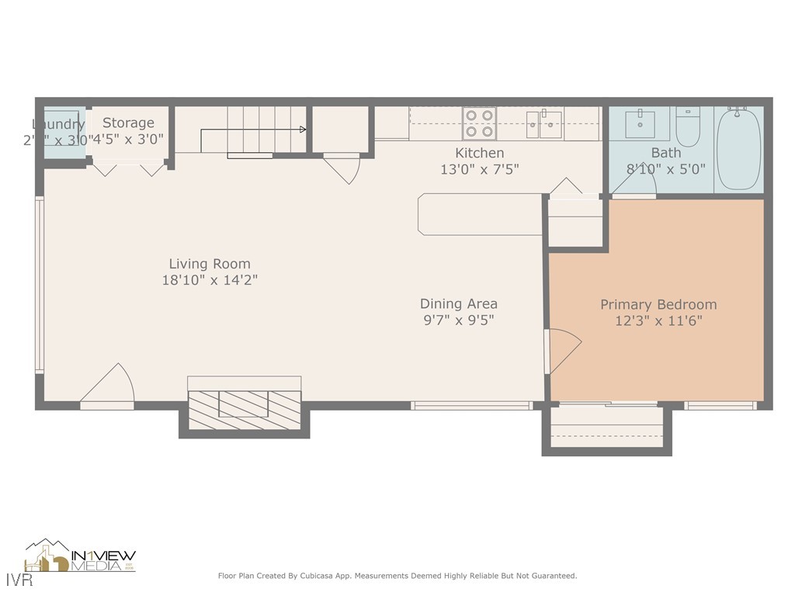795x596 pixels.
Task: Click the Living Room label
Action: pos(210,264)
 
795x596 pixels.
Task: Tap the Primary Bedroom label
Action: pos(658,305)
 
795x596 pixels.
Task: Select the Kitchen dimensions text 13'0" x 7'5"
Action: pos(479,168)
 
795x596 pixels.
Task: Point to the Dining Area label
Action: pos(459,303)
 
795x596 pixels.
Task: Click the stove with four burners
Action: pos(479,123)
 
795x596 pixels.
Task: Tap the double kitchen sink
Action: pos(544,123)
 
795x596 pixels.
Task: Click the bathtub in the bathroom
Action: pos(738,147)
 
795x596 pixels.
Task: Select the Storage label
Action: pos(128,123)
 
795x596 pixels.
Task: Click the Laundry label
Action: pos(58,124)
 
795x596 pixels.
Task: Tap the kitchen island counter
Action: pos(479,213)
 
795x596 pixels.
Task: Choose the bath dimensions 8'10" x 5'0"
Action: pos(665,168)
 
